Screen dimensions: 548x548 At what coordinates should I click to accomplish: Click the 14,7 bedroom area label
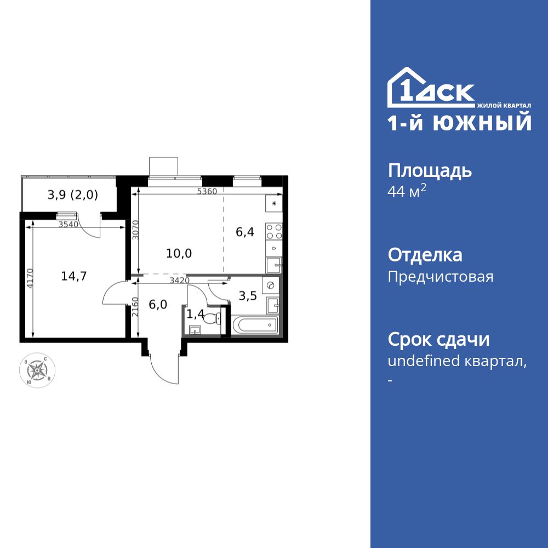coord(74,276)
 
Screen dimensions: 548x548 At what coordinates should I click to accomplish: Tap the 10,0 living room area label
coord(179,253)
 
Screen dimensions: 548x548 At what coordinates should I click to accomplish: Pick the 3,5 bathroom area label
coord(248,296)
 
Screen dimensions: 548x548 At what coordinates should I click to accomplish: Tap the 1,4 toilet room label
coord(195,314)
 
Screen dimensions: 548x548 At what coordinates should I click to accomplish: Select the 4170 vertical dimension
coord(30,278)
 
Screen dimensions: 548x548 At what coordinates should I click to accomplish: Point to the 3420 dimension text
coord(180,281)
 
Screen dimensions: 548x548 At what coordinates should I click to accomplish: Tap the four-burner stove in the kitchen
coord(274,231)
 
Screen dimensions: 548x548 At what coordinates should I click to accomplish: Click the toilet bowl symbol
coord(211,316)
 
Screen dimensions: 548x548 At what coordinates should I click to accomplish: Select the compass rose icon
coord(37,370)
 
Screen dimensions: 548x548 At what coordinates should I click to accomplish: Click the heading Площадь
coord(430,171)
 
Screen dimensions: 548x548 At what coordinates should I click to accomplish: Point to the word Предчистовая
coord(441,277)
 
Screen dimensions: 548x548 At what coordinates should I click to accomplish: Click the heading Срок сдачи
coord(438,340)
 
